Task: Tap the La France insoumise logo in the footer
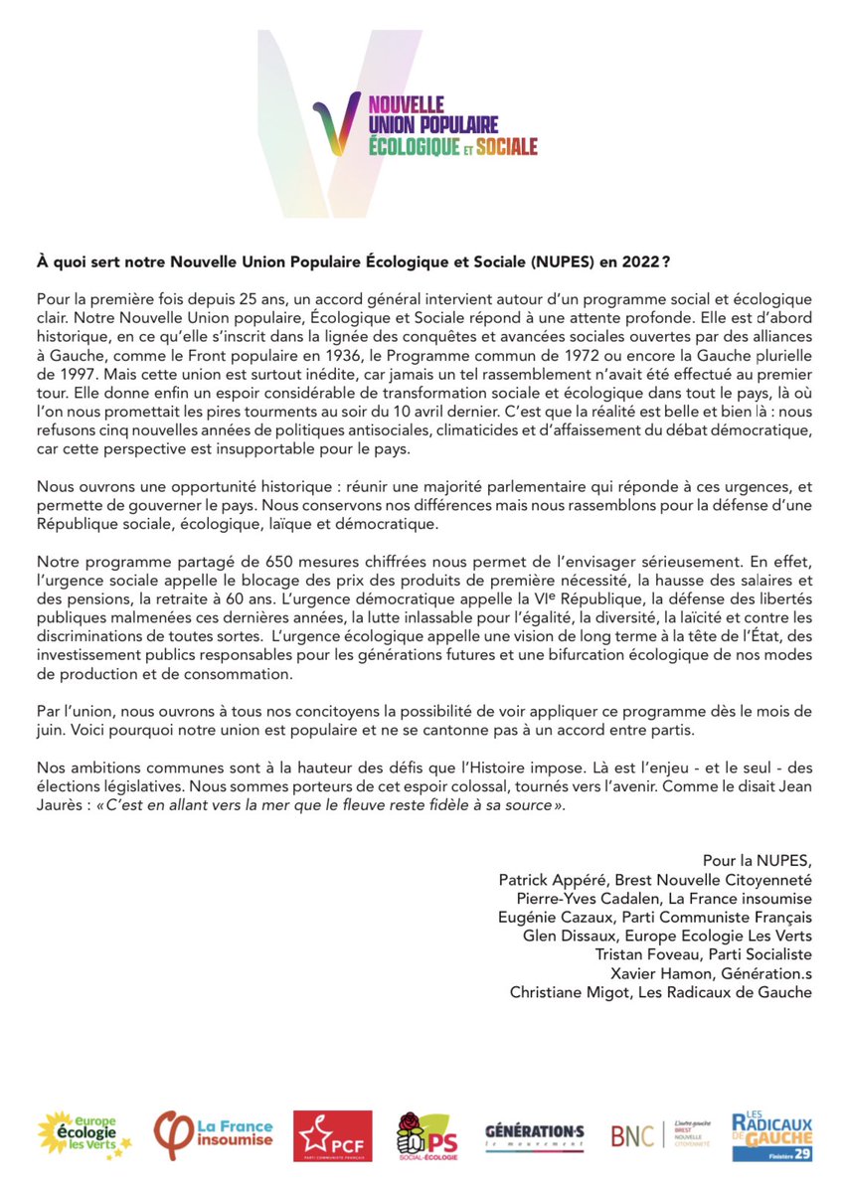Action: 213,1133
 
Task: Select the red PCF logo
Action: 333,1135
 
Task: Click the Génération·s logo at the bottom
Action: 534,1134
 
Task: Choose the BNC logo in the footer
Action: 653,1134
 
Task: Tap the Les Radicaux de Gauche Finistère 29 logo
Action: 771,1135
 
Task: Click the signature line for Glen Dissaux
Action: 667,936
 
